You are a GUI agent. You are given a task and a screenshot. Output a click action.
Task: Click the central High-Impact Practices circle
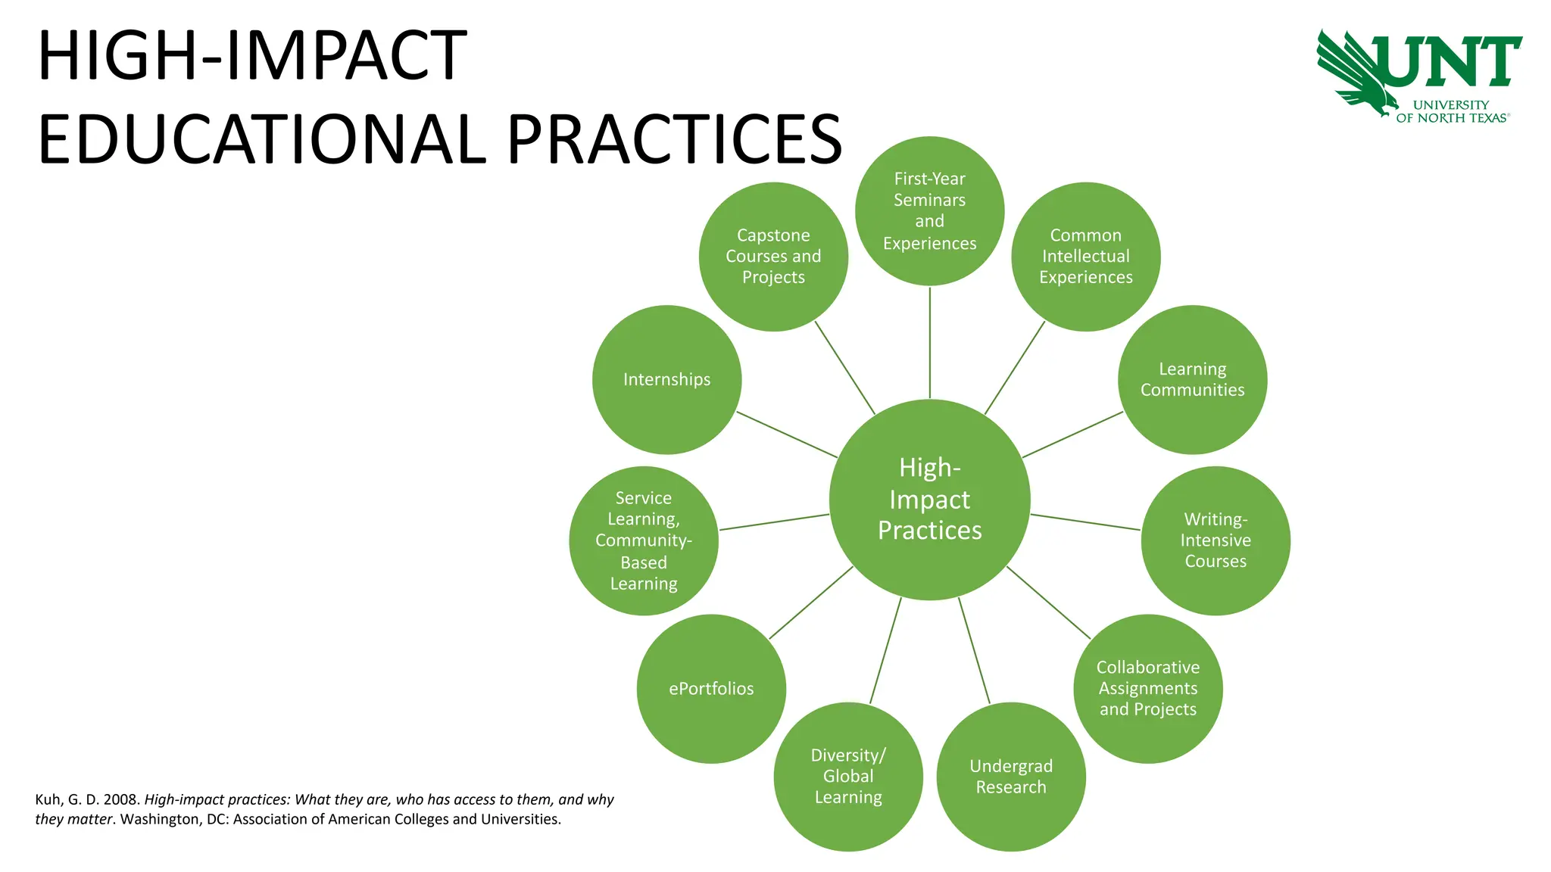pyautogui.click(x=929, y=500)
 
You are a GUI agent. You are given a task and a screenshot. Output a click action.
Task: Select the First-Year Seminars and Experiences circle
pyautogui.click(x=929, y=211)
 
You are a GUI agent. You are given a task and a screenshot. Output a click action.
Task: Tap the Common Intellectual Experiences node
pyautogui.click(x=1085, y=257)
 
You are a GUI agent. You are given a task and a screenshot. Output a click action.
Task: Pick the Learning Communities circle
pyautogui.click(x=1192, y=379)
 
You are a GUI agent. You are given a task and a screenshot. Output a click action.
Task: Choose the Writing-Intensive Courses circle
pyautogui.click(x=1216, y=540)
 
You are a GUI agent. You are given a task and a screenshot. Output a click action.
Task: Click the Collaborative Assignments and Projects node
pyautogui.click(x=1147, y=688)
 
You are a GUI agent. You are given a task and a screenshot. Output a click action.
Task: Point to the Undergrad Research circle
pyautogui.click(x=1011, y=777)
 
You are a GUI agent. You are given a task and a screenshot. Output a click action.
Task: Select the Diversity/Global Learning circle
pyautogui.click(x=848, y=777)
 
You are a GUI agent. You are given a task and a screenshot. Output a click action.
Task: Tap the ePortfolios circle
pyautogui.click(x=711, y=688)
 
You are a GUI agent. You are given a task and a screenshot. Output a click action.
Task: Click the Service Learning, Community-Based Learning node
pyautogui.click(x=644, y=540)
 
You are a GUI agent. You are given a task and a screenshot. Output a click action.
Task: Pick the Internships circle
pyautogui.click(x=666, y=379)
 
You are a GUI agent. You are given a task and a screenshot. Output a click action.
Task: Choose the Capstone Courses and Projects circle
pyautogui.click(x=773, y=257)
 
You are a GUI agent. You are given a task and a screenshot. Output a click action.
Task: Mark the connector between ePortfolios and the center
pyautogui.click(x=810, y=603)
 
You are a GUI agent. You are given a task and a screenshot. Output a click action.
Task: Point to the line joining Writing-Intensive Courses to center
pyautogui.click(x=1085, y=522)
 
